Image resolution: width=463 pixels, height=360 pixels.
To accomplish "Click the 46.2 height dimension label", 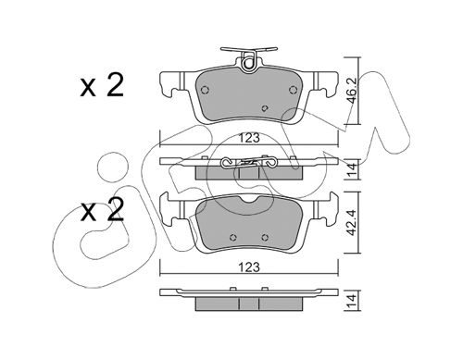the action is tap(353, 91).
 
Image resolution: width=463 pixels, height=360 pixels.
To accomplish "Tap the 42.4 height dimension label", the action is tap(353, 222).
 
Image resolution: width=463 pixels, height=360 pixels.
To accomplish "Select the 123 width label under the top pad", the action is tap(249, 138).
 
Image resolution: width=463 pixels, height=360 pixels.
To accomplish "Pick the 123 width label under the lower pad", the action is tap(249, 267).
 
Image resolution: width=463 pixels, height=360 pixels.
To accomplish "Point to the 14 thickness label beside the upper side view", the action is tap(353, 170).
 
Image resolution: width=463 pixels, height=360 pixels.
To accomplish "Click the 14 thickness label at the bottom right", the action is tap(353, 302).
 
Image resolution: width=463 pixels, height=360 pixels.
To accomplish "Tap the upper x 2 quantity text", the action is tap(102, 86).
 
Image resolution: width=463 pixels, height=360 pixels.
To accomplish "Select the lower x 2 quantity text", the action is tap(102, 210).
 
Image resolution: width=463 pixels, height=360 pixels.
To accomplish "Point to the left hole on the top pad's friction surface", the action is tap(205, 90).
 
